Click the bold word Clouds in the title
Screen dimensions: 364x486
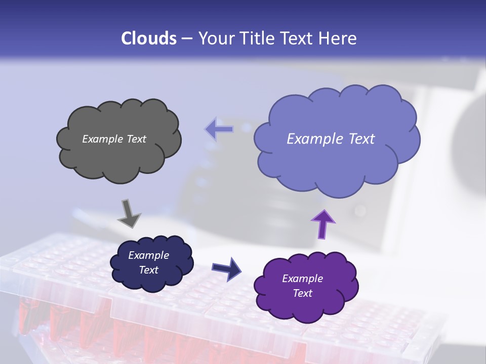[148, 38]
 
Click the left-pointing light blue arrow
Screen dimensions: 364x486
[220, 129]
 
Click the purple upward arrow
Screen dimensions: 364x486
[323, 223]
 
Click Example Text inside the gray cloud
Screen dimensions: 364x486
[114, 139]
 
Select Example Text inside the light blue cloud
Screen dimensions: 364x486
[331, 139]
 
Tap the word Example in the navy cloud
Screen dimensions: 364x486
[148, 255]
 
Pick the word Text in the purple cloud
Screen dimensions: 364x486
[302, 293]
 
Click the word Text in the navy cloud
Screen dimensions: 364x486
[148, 270]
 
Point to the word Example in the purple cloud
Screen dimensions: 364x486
[302, 279]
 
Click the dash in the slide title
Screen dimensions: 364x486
[186, 39]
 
